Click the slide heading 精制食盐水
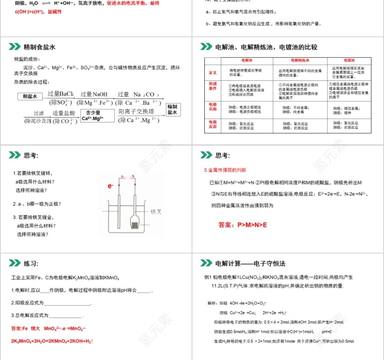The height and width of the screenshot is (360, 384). pos(39,47)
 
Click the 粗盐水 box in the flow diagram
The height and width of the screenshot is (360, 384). pos(30,96)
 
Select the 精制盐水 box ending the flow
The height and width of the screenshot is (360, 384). pos(172,109)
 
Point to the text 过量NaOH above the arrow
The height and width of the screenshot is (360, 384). pos(94,94)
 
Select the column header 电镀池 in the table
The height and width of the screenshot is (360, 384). pos(349,61)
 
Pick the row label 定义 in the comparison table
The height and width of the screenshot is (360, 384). pos(213,73)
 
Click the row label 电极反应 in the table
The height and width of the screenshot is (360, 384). pos(213,125)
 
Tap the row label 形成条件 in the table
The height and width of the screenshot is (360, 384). pos(213,87)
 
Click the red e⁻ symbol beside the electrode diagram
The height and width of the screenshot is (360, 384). pos(110,186)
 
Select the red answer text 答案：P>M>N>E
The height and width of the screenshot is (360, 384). pos(242,225)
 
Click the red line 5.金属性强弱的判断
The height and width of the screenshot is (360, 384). pos(225,170)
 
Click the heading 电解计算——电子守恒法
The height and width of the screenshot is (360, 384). pos(250,264)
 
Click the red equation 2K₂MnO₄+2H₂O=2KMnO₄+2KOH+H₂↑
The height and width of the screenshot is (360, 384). pos(53,341)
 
